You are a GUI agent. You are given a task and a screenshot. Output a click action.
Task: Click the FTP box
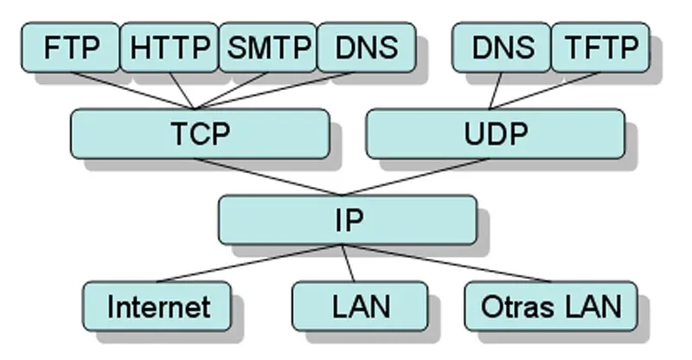tap(71, 48)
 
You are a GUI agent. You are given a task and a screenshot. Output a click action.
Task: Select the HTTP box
tap(170, 48)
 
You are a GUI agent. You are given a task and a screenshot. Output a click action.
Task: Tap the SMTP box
tap(268, 48)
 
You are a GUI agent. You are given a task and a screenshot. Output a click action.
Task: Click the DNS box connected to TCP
tap(366, 48)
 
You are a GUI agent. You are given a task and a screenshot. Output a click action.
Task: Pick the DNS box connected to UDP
tap(501, 48)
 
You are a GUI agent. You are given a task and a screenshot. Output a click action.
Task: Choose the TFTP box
tap(599, 48)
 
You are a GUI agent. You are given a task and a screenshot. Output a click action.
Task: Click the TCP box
tap(200, 133)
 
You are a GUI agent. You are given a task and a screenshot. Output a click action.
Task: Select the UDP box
tap(495, 133)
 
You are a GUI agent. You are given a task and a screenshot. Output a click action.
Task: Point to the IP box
tap(347, 219)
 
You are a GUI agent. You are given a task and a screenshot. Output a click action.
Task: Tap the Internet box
tap(157, 305)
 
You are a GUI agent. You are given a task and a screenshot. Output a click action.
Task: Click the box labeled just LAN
tap(359, 305)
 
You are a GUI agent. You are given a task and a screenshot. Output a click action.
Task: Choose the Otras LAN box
tap(550, 305)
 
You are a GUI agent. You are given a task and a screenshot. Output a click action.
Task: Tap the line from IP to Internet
tap(251, 263)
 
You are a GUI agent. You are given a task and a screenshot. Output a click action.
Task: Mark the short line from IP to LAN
tap(349, 263)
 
